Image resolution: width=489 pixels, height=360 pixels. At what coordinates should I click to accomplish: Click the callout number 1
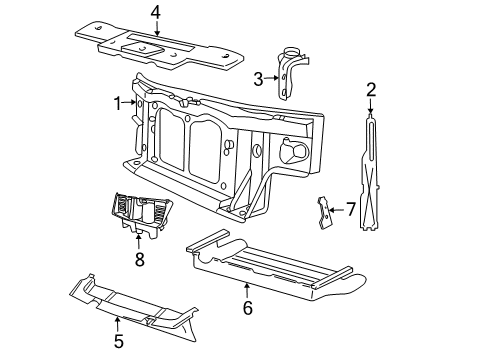pos(117,103)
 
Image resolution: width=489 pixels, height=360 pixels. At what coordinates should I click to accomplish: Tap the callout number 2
pos(371,90)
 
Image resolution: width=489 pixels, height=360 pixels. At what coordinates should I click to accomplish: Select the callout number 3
pos(258,80)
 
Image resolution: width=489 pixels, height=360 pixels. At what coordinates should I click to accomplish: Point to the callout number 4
pos(156,13)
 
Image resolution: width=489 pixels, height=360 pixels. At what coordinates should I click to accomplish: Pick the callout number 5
pos(118,341)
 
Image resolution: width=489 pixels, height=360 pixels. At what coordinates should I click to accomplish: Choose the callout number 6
pos(247,308)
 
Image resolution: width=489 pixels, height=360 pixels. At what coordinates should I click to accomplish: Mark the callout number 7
pos(350,209)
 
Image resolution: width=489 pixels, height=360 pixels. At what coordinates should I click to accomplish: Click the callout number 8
pos(140,259)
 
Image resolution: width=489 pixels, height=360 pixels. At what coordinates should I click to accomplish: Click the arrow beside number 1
pos(129,103)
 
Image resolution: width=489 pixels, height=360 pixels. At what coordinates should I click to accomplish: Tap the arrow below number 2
pos(370,106)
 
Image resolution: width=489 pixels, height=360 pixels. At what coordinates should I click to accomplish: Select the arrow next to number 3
pos(272,78)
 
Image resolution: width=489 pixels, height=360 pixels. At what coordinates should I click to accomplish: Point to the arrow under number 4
pos(156,28)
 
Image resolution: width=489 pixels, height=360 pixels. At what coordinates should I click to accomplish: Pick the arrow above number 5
pos(117,325)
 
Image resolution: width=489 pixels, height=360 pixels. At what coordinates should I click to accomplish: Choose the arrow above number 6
pos(247,290)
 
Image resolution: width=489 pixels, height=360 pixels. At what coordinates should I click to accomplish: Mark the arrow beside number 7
pos(336,210)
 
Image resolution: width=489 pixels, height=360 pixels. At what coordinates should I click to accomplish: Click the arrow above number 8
pos(138,242)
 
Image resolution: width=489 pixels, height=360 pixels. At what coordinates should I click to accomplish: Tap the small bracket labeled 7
pos(324,213)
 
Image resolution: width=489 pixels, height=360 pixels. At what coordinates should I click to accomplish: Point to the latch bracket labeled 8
pos(140,213)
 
